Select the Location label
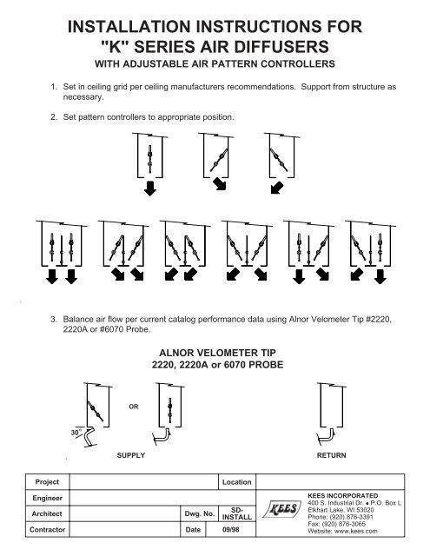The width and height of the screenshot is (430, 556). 236,480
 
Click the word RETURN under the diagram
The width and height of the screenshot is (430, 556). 335,454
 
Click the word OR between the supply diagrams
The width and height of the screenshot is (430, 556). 129,401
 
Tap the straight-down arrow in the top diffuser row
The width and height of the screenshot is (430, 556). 151,190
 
